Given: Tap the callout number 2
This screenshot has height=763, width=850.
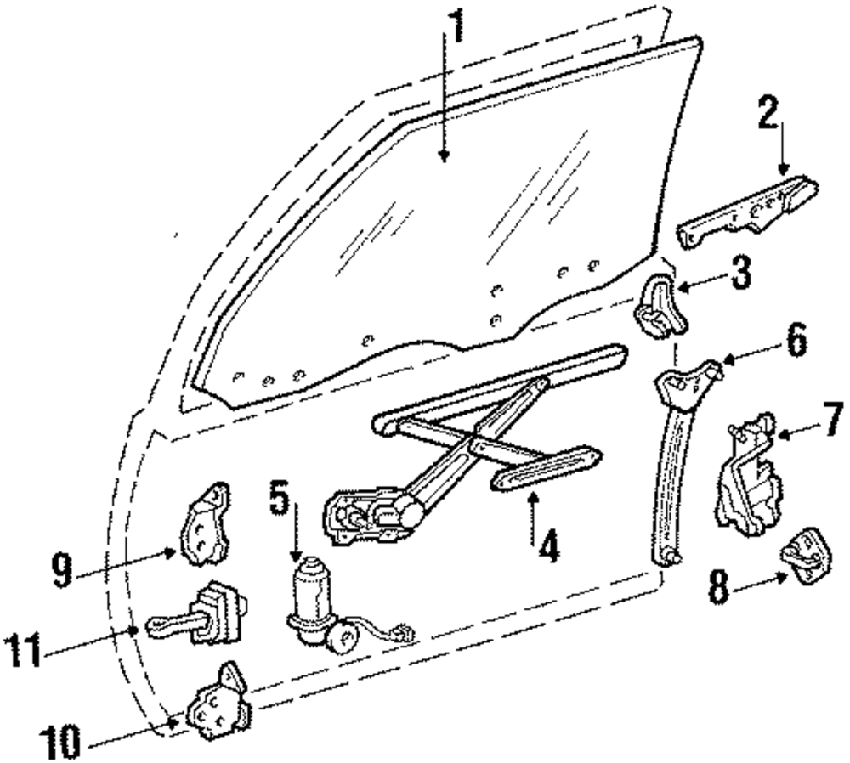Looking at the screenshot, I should (x=768, y=113).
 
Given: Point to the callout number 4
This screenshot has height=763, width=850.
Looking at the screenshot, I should (x=547, y=545).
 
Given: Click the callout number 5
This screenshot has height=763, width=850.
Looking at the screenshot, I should (x=280, y=498).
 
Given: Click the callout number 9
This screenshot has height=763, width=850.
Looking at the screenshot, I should (x=61, y=570).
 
